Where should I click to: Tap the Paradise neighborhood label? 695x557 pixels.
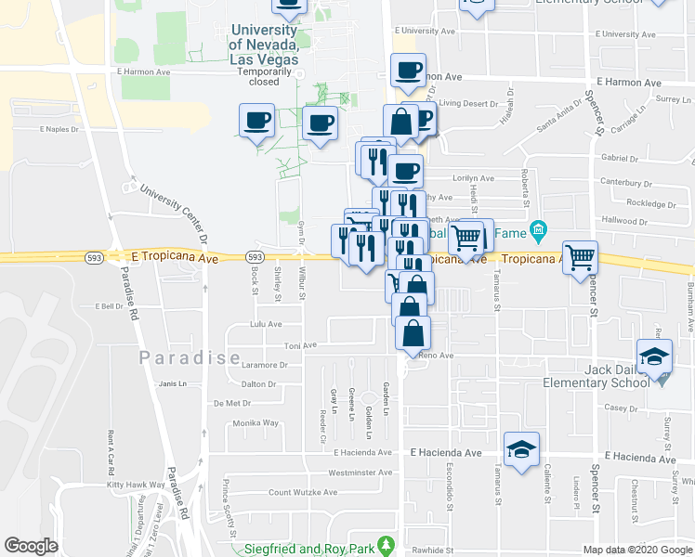pyautogui.click(x=177, y=357)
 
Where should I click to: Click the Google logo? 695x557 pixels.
pyautogui.click(x=31, y=546)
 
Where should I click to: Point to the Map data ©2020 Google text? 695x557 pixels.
pyautogui.click(x=637, y=550)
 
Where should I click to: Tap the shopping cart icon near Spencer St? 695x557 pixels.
pyautogui.click(x=580, y=256)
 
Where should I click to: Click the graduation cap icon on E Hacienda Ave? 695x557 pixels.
pyautogui.click(x=521, y=448)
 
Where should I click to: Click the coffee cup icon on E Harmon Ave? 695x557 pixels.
pyautogui.click(x=408, y=71)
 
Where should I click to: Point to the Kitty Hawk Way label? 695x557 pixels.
pyautogui.click(x=129, y=485)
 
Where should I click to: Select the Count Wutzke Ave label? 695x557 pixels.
pyautogui.click(x=302, y=492)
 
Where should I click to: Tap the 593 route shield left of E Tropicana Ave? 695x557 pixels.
pyautogui.click(x=95, y=256)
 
